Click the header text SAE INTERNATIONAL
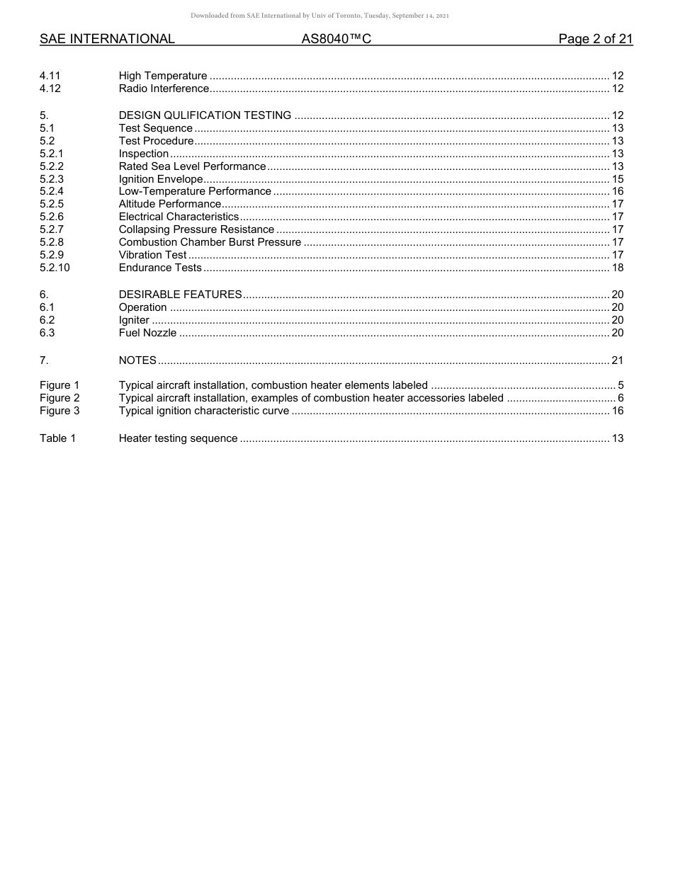pyautogui.click(x=107, y=39)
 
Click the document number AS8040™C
pyautogui.click(x=336, y=39)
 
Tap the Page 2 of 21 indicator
pyautogui.click(x=595, y=39)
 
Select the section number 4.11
pyautogui.click(x=50, y=76)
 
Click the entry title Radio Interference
pyautogui.click(x=164, y=89)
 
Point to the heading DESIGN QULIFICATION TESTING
pyautogui.click(x=205, y=115)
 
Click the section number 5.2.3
pyautogui.click(x=52, y=179)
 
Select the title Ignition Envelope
pyautogui.click(x=161, y=179)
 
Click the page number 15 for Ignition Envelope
pyautogui.click(x=617, y=179)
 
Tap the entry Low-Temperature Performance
pyautogui.click(x=195, y=191)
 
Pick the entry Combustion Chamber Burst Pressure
pyautogui.click(x=210, y=242)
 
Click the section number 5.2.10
pyautogui.click(x=55, y=268)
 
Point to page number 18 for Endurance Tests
pyautogui.click(x=617, y=268)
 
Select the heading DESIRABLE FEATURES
pyautogui.click(x=180, y=295)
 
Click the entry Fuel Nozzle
pyautogui.click(x=147, y=333)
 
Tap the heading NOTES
pyautogui.click(x=137, y=360)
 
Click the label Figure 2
pyautogui.click(x=60, y=398)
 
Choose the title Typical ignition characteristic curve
pyautogui.click(x=204, y=411)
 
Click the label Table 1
pyautogui.click(x=57, y=438)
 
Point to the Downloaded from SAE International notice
pyautogui.click(x=319, y=16)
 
